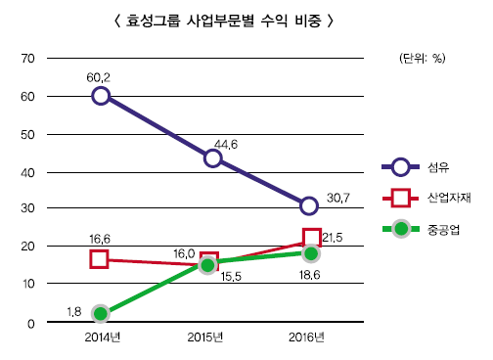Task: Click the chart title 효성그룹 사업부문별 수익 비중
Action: pos(239,20)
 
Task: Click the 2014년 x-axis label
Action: pos(100,338)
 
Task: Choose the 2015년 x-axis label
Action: pos(206,338)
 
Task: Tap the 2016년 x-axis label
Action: pos(308,338)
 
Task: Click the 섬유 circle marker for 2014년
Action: pos(100,96)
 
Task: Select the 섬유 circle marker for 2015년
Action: pos(212,158)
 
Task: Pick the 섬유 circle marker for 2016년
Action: pos(309,205)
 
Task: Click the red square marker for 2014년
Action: pos(99,259)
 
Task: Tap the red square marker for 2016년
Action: pos(311,237)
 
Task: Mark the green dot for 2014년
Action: pos(100,313)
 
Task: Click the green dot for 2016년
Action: pos(311,253)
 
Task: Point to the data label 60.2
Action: pos(100,76)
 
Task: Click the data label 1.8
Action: pos(73,312)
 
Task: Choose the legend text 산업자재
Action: pos(449,199)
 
